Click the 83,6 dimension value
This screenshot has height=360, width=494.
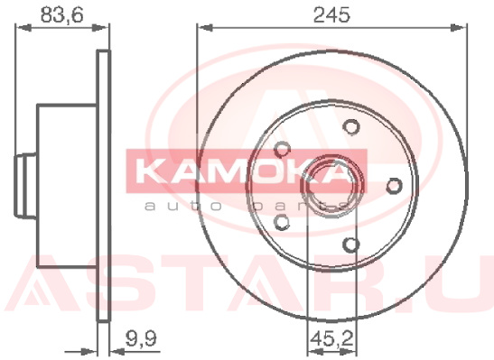(x=62, y=14)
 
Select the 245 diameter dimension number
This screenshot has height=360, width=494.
(x=331, y=14)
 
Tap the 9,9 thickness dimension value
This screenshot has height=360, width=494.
(x=141, y=339)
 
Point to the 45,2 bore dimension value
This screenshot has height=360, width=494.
(x=331, y=339)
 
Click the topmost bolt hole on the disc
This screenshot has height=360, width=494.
(x=351, y=126)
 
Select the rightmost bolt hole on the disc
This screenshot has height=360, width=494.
(x=394, y=185)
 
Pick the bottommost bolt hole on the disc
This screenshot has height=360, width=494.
(x=351, y=245)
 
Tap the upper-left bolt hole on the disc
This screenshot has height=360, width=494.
(x=282, y=149)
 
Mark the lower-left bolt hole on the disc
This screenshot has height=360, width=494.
(x=282, y=222)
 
